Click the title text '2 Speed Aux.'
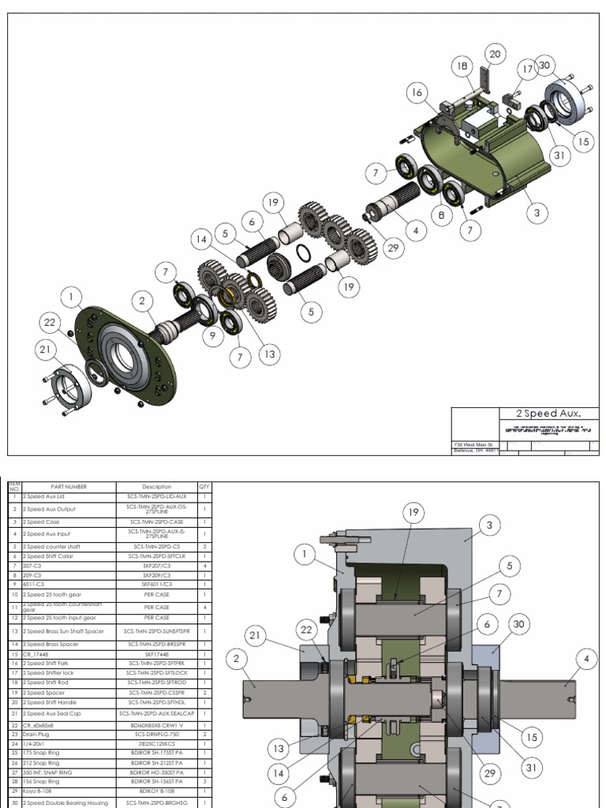(x=548, y=413)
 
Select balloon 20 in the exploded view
(x=494, y=54)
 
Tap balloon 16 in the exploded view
(x=417, y=92)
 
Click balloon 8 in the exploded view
(x=440, y=214)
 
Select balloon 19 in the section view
(x=413, y=512)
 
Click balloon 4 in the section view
(x=586, y=657)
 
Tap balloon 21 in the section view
(x=254, y=635)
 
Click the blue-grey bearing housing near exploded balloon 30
(x=565, y=101)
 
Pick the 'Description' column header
(x=156, y=487)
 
